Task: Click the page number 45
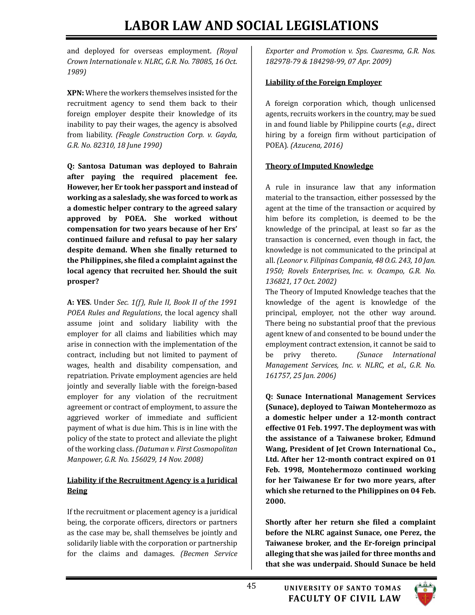click(251, 586)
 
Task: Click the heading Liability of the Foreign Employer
click(324, 83)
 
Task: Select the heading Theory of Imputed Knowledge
click(319, 166)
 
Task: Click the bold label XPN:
click(75, 93)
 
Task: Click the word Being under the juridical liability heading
click(77, 491)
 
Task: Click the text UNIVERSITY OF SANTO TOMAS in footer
click(343, 588)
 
